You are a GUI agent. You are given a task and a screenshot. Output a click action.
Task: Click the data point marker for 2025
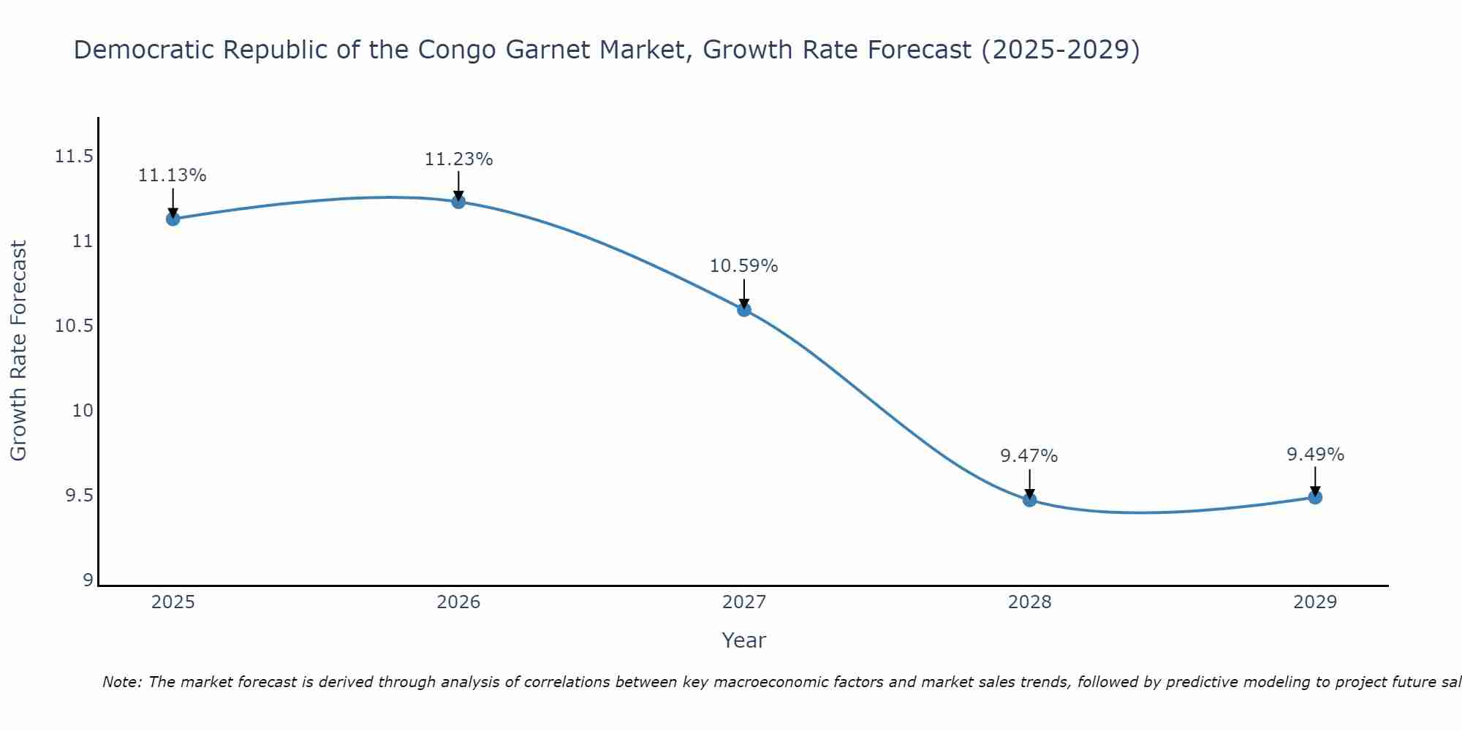[173, 219]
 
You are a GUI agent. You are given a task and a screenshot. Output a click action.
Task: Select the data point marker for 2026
[458, 202]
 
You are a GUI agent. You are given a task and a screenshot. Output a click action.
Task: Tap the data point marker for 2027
[744, 309]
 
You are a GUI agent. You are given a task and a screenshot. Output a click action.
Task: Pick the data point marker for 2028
[1029, 500]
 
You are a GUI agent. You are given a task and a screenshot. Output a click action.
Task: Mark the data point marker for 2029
[1315, 497]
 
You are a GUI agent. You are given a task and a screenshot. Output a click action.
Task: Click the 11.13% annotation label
[173, 175]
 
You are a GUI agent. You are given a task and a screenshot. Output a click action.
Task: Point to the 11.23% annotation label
[458, 159]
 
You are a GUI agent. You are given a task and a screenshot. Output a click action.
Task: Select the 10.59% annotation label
[744, 266]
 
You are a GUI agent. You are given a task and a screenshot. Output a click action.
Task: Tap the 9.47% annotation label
[1029, 456]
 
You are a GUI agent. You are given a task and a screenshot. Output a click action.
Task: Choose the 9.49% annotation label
[1315, 455]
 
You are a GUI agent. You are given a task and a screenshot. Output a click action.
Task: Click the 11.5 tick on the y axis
[74, 156]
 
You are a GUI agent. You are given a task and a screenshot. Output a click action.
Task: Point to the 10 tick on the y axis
[83, 411]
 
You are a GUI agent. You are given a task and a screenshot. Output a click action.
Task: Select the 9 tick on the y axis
[88, 580]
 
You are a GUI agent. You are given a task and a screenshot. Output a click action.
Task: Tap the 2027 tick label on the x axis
[744, 602]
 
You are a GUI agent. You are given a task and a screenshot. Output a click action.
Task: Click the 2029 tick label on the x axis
[1315, 602]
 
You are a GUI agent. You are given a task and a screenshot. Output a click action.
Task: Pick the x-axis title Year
[744, 640]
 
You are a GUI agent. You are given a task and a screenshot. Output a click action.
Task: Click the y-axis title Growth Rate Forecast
[18, 351]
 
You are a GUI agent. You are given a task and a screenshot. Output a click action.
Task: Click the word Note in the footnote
[121, 682]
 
